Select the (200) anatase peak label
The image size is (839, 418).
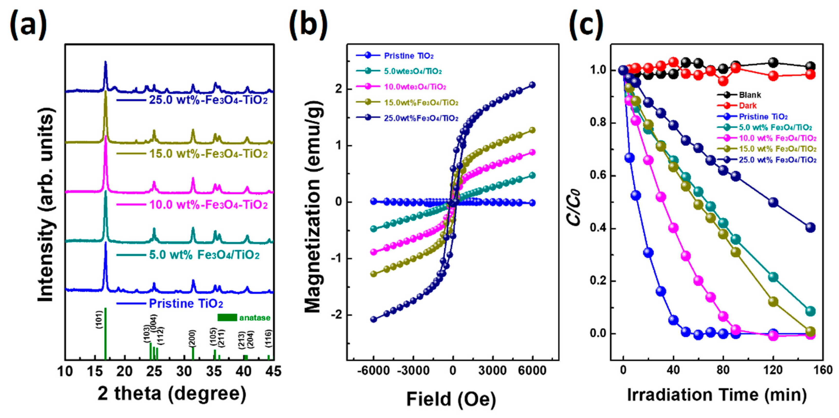(192, 339)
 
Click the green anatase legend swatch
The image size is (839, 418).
(227, 317)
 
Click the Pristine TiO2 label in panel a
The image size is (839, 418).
(186, 304)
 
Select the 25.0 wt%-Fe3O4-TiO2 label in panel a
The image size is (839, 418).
(208, 100)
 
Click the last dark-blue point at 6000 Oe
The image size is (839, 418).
(532, 85)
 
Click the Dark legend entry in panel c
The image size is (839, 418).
(748, 106)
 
